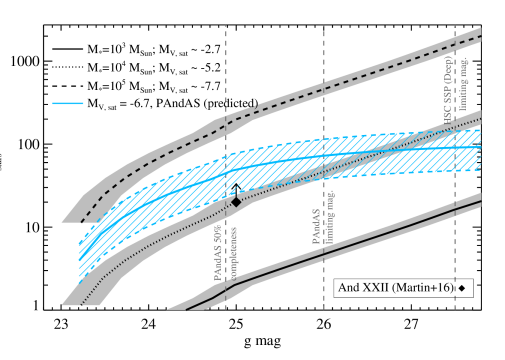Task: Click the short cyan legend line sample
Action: [68, 103]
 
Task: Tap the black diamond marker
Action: [236, 201]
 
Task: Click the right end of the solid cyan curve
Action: [479, 147]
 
